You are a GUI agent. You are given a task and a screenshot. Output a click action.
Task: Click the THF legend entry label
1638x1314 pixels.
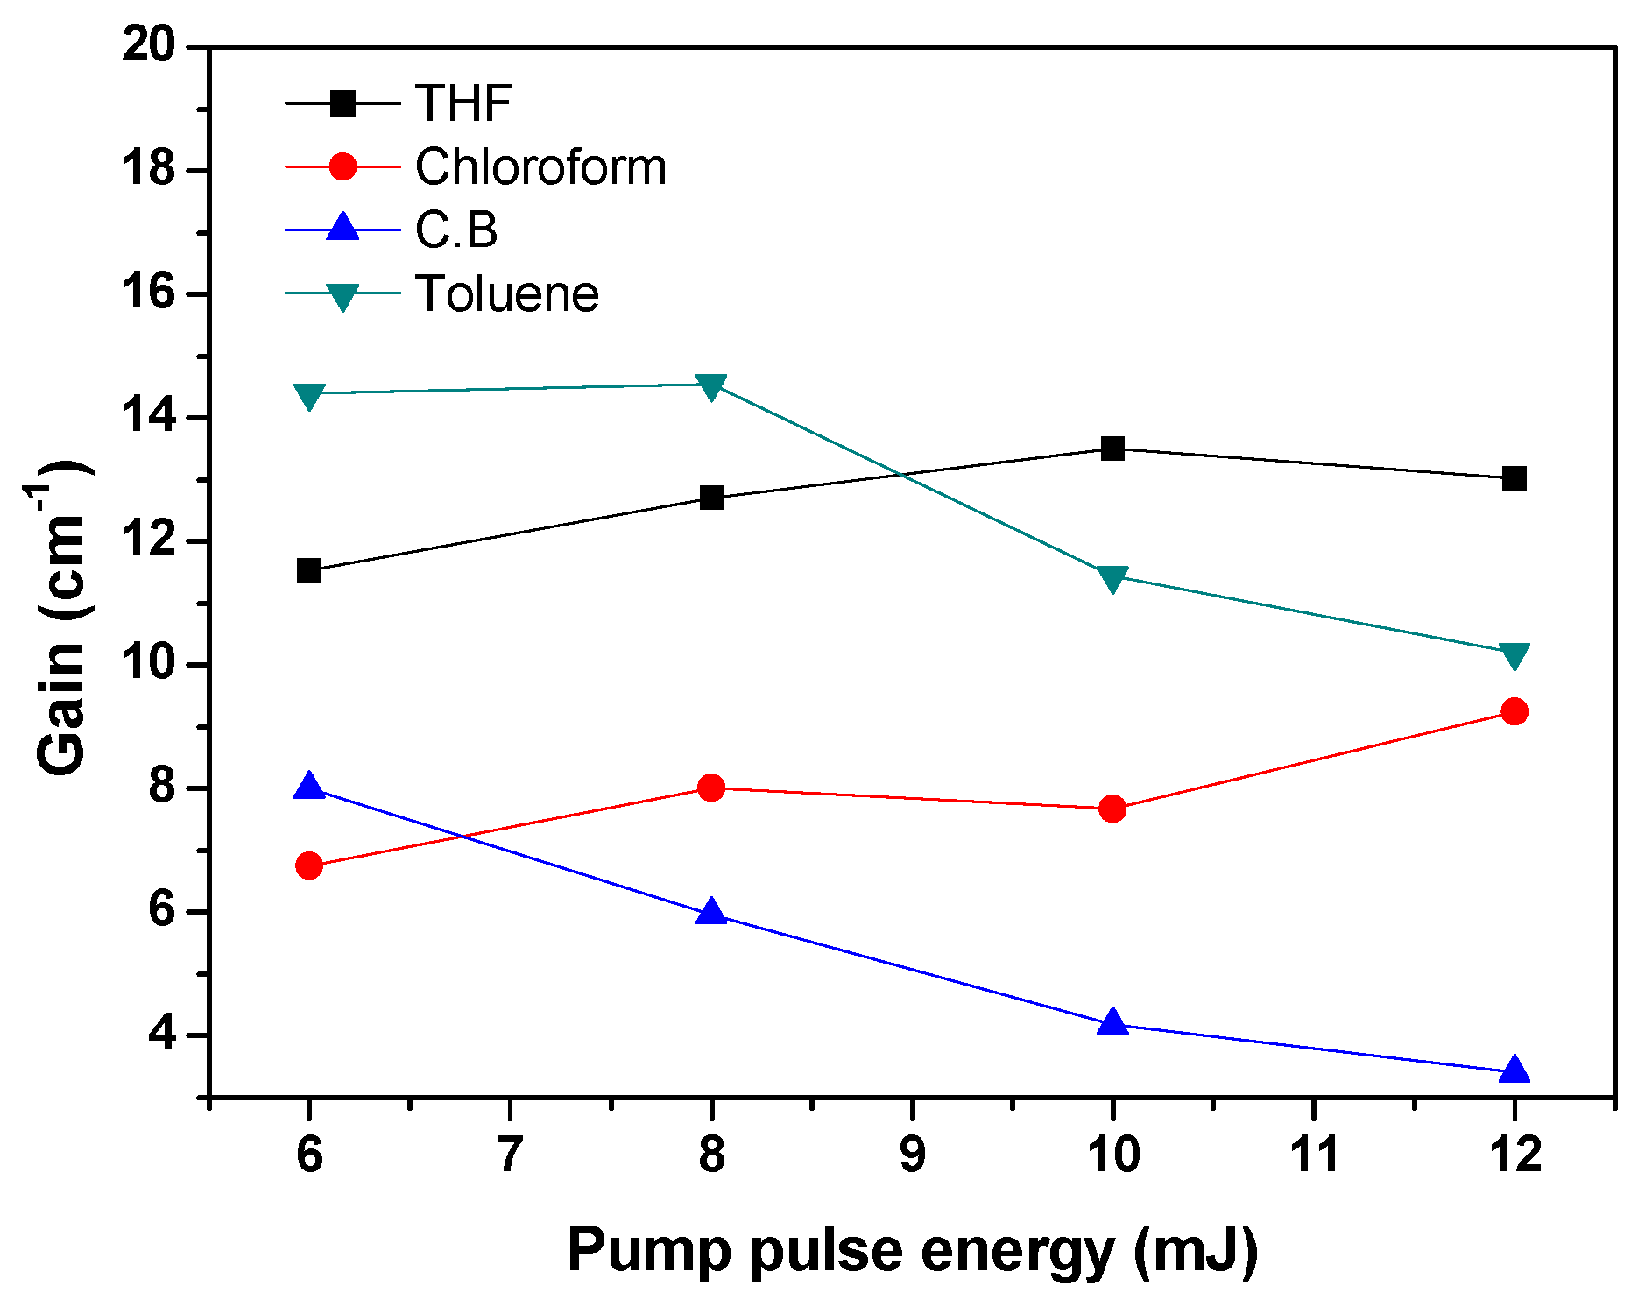(462, 103)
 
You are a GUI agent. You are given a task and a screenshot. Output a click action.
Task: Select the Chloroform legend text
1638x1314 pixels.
(540, 166)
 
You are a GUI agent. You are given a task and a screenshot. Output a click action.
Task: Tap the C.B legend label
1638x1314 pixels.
(456, 230)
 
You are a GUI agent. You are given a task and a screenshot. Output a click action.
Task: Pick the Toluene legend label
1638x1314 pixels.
(507, 293)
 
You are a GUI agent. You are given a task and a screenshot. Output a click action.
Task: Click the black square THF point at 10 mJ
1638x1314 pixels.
(1112, 449)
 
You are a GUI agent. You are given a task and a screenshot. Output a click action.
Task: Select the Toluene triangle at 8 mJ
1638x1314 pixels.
(711, 385)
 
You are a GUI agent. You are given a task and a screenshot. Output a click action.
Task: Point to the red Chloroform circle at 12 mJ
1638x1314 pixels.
(1514, 711)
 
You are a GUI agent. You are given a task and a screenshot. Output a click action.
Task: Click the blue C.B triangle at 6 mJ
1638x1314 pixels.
(309, 787)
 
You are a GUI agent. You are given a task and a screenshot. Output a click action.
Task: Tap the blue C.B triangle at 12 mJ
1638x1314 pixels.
(1514, 1070)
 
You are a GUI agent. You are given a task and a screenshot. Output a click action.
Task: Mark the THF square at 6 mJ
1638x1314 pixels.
(309, 570)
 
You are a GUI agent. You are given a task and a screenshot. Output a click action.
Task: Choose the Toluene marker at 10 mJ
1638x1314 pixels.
(1112, 578)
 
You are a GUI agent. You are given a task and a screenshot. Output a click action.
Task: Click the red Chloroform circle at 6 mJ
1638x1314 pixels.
(309, 865)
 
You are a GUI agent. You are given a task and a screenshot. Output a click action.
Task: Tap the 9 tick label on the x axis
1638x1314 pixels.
(912, 1155)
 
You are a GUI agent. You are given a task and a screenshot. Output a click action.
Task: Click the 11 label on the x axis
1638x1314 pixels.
(1314, 1155)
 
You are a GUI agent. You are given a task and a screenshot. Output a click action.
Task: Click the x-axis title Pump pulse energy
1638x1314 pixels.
(912, 1250)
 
